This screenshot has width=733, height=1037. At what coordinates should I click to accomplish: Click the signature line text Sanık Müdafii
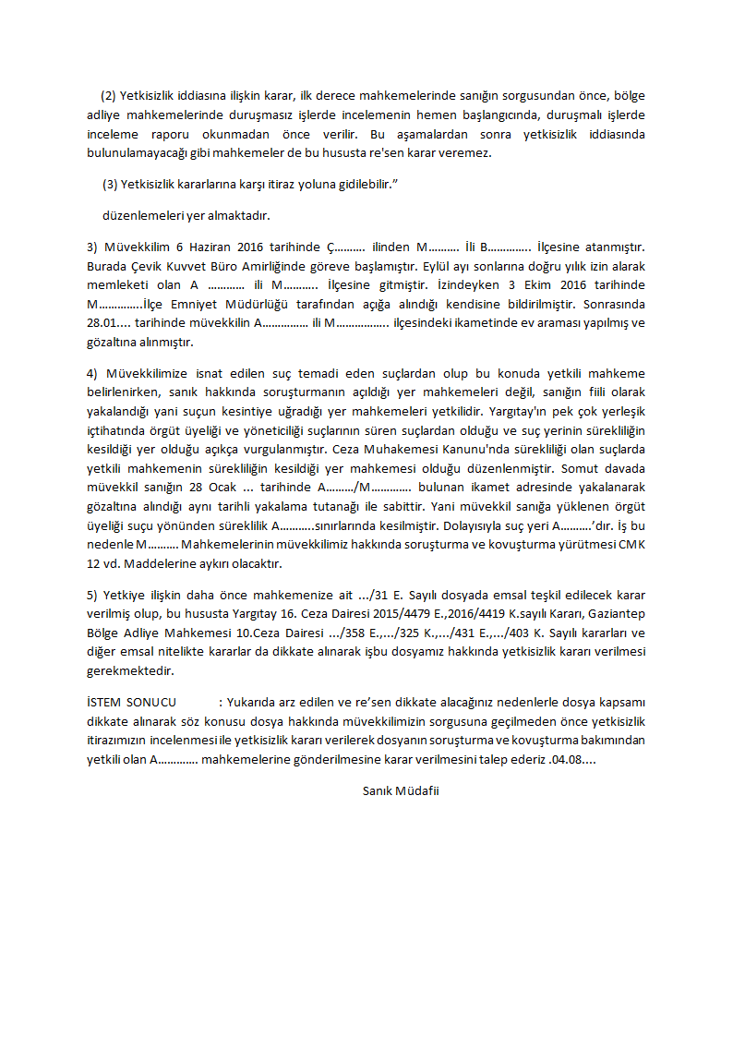(401, 790)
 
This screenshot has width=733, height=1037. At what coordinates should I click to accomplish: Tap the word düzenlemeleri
(141, 216)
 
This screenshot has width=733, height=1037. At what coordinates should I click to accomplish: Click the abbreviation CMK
(631, 545)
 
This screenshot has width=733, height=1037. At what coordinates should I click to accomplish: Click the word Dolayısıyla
(490, 525)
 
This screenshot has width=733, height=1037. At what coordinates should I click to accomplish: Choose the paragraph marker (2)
(111, 96)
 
